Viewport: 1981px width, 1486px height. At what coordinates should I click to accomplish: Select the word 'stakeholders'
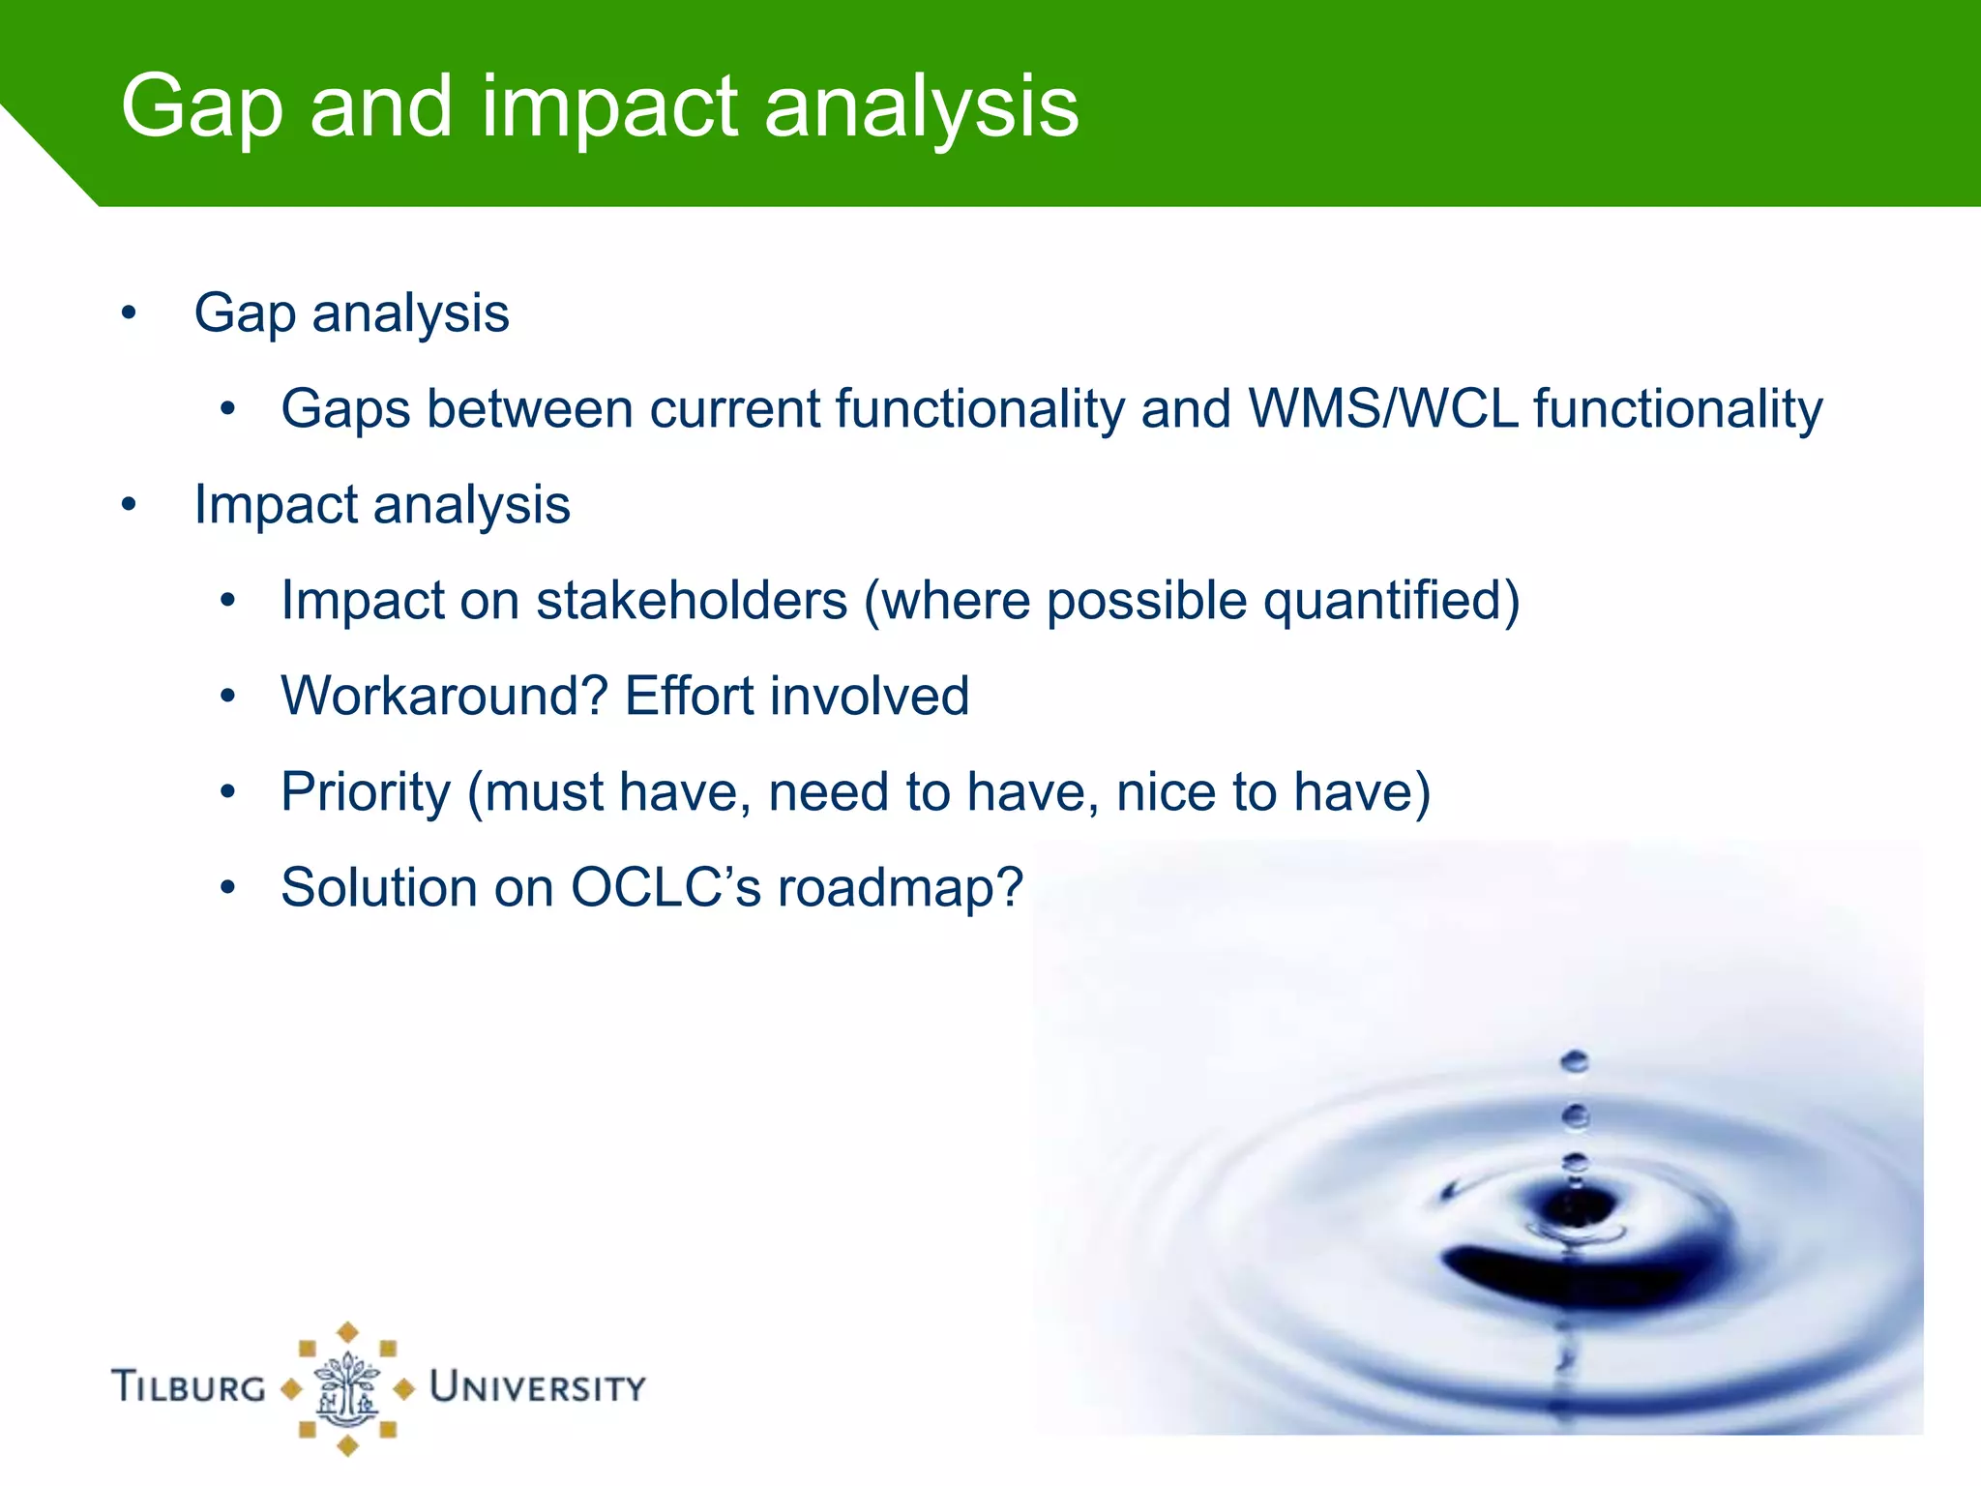pos(692,601)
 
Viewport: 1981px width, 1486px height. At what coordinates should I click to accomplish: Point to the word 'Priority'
pos(365,792)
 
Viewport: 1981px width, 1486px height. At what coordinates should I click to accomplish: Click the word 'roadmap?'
pos(900,887)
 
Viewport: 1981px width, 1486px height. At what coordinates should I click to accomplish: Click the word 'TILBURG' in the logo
pos(189,1386)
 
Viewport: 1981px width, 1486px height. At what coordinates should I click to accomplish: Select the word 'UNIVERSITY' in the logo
pos(538,1386)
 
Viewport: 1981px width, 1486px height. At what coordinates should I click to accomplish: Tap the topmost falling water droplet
pos(1574,1061)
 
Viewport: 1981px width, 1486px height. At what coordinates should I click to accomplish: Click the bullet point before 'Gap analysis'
pos(129,313)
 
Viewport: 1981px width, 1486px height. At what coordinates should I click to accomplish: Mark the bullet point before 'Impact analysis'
pos(129,505)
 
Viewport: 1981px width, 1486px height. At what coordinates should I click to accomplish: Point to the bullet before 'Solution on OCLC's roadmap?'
pos(227,887)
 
